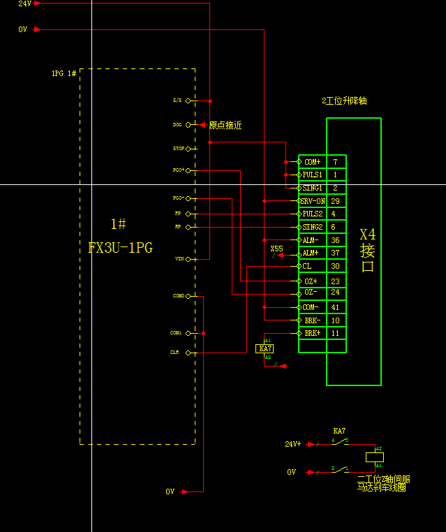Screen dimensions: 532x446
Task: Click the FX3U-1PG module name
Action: coord(120,247)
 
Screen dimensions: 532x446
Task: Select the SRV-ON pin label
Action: coord(312,201)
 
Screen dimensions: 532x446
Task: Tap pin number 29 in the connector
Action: coord(335,201)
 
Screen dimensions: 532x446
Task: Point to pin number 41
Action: coord(335,307)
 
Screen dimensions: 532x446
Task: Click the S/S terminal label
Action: coord(177,101)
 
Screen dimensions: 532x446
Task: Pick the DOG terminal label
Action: coord(177,125)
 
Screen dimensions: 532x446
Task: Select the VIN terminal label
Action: coord(178,259)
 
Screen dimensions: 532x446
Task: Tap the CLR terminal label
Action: coord(174,353)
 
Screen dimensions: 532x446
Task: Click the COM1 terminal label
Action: coord(176,333)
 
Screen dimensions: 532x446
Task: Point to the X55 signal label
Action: coord(276,249)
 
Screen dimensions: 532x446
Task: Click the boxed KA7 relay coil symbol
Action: coord(265,348)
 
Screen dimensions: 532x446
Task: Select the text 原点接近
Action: coord(225,126)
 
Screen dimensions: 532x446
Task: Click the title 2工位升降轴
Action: coord(344,101)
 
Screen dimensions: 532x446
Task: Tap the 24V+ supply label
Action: coord(293,443)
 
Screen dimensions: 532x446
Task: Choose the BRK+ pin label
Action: coord(312,334)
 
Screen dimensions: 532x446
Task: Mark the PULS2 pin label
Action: coord(313,214)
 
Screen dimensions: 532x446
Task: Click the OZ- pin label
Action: coord(311,292)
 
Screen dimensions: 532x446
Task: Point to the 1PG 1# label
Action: coord(64,73)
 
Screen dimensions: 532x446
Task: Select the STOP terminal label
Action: coord(178,149)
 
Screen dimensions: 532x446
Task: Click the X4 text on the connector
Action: coord(367,235)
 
